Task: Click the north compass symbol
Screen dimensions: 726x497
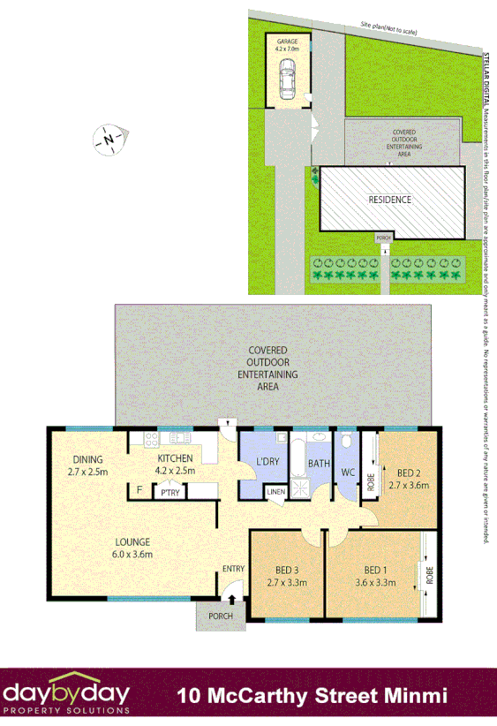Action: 109,140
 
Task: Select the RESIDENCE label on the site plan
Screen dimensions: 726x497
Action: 390,200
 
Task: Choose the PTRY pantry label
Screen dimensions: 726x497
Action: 170,493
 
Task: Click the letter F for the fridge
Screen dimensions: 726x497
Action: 139,489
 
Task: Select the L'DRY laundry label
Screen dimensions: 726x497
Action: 267,463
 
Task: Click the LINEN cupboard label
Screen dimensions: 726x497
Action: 275,492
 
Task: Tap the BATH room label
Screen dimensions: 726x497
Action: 319,463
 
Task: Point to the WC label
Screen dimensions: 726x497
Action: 348,473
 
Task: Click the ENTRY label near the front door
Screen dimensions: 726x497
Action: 233,568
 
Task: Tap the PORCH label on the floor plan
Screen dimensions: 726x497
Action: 218,616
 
